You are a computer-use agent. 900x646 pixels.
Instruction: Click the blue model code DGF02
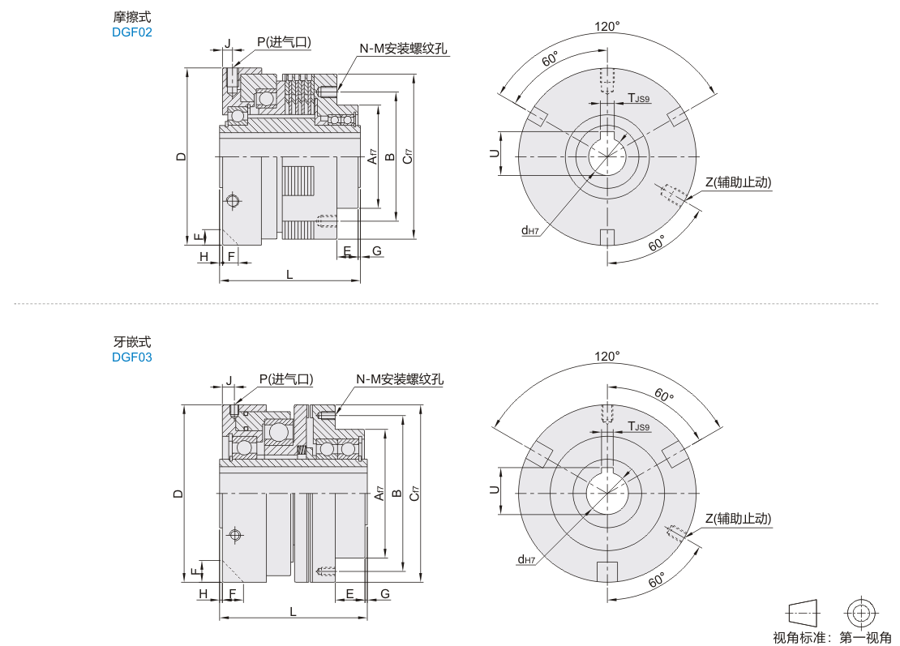click(x=132, y=32)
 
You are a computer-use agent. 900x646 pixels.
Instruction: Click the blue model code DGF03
click(x=132, y=357)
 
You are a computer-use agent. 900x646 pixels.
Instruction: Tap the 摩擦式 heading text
click(x=132, y=17)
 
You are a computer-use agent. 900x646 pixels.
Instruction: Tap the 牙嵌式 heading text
click(x=132, y=342)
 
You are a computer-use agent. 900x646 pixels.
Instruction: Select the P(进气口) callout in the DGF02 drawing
click(x=285, y=41)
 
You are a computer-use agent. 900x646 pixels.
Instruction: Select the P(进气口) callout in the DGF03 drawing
click(x=286, y=379)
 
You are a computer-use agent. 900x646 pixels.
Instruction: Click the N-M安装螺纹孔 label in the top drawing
click(x=404, y=49)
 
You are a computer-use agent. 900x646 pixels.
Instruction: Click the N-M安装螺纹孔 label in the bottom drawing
click(x=401, y=379)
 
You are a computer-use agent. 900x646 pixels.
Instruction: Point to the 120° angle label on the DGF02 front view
click(x=606, y=27)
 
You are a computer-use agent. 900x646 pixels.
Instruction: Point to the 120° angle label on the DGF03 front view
click(x=606, y=356)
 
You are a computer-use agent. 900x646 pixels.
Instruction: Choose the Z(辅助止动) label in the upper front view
click(x=738, y=182)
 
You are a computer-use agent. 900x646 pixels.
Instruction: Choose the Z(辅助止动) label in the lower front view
click(x=738, y=518)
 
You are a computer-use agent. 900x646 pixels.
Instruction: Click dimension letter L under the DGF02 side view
click(x=289, y=274)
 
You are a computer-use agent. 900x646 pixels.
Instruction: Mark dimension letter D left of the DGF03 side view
click(x=179, y=493)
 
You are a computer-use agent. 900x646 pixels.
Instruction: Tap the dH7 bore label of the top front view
click(x=531, y=230)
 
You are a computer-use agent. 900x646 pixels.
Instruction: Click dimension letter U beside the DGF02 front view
click(x=494, y=154)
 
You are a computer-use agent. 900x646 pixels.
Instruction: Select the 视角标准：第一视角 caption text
click(x=832, y=637)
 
